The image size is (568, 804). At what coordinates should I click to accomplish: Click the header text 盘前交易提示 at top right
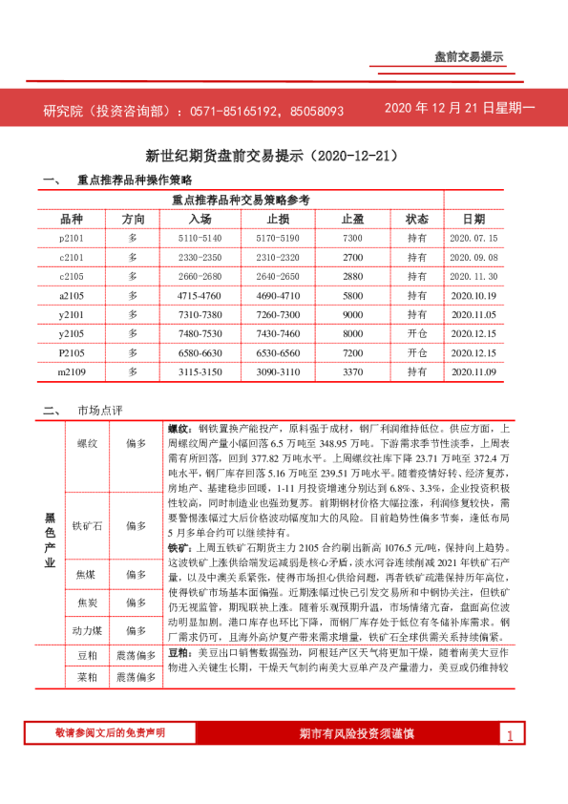pyautogui.click(x=468, y=58)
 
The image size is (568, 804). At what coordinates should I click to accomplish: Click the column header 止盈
pyautogui.click(x=352, y=219)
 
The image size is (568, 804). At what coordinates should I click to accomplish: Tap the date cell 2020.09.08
pyautogui.click(x=473, y=258)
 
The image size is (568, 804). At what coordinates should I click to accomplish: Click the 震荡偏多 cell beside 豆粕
pyautogui.click(x=136, y=657)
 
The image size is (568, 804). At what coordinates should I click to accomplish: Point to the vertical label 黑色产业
pyautogui.click(x=50, y=541)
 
